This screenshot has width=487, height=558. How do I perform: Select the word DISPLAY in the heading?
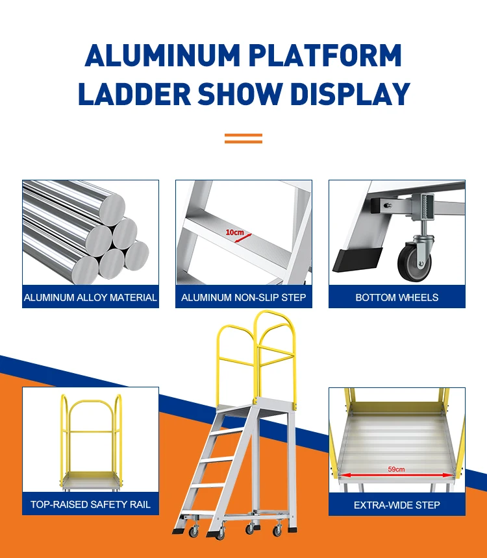click(x=350, y=93)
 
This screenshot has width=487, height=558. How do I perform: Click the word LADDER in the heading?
click(x=134, y=93)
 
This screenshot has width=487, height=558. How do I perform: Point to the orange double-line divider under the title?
click(x=243, y=138)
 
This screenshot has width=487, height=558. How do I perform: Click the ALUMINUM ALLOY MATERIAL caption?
click(x=90, y=297)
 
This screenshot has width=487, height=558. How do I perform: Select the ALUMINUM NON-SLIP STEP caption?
click(x=243, y=297)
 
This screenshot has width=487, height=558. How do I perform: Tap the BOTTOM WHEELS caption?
click(x=397, y=297)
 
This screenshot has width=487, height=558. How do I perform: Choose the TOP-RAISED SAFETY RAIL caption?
click(x=90, y=504)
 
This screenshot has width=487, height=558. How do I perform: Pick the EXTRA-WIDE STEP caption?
click(x=397, y=504)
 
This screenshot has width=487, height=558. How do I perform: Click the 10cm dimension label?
click(x=234, y=232)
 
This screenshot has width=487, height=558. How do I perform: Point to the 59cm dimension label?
click(x=396, y=469)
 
